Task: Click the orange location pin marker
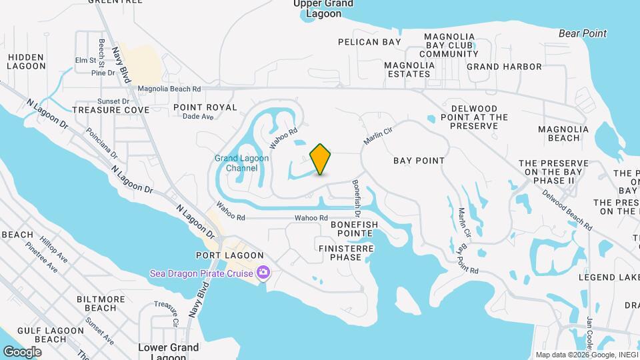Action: (321, 159)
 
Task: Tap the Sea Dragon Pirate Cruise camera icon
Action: (263, 273)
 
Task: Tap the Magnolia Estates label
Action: (409, 69)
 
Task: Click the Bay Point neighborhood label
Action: (419, 161)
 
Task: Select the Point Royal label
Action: (205, 107)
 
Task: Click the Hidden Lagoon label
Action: (26, 62)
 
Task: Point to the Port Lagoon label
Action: (229, 255)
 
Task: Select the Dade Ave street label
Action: (197, 117)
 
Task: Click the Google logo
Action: (22, 351)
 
